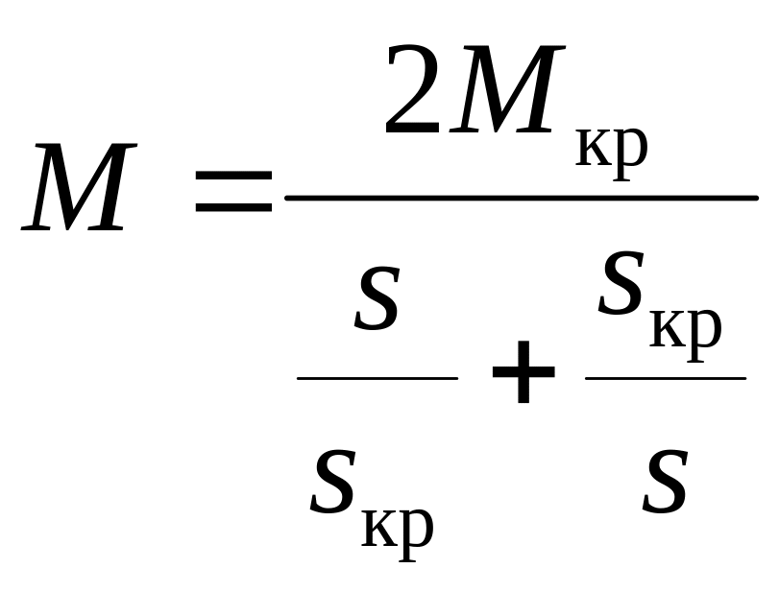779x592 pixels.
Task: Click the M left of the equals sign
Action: point(80,187)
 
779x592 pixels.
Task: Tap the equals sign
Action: point(233,192)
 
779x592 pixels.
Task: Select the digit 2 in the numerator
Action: point(412,89)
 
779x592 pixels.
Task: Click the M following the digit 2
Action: point(507,89)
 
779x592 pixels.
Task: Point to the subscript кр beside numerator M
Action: point(612,152)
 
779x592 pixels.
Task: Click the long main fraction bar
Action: point(522,198)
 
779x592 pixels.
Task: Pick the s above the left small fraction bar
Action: point(377,298)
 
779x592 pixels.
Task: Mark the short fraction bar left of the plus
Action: point(377,378)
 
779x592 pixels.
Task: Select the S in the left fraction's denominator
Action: point(333,482)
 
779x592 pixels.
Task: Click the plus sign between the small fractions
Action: point(523,371)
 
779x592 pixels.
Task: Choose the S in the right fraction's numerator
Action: point(621,283)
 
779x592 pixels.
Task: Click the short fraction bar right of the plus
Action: point(666,378)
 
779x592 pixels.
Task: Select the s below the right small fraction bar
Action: point(666,482)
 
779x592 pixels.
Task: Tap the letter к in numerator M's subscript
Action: point(591,146)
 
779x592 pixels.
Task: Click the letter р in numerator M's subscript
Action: point(629,154)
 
